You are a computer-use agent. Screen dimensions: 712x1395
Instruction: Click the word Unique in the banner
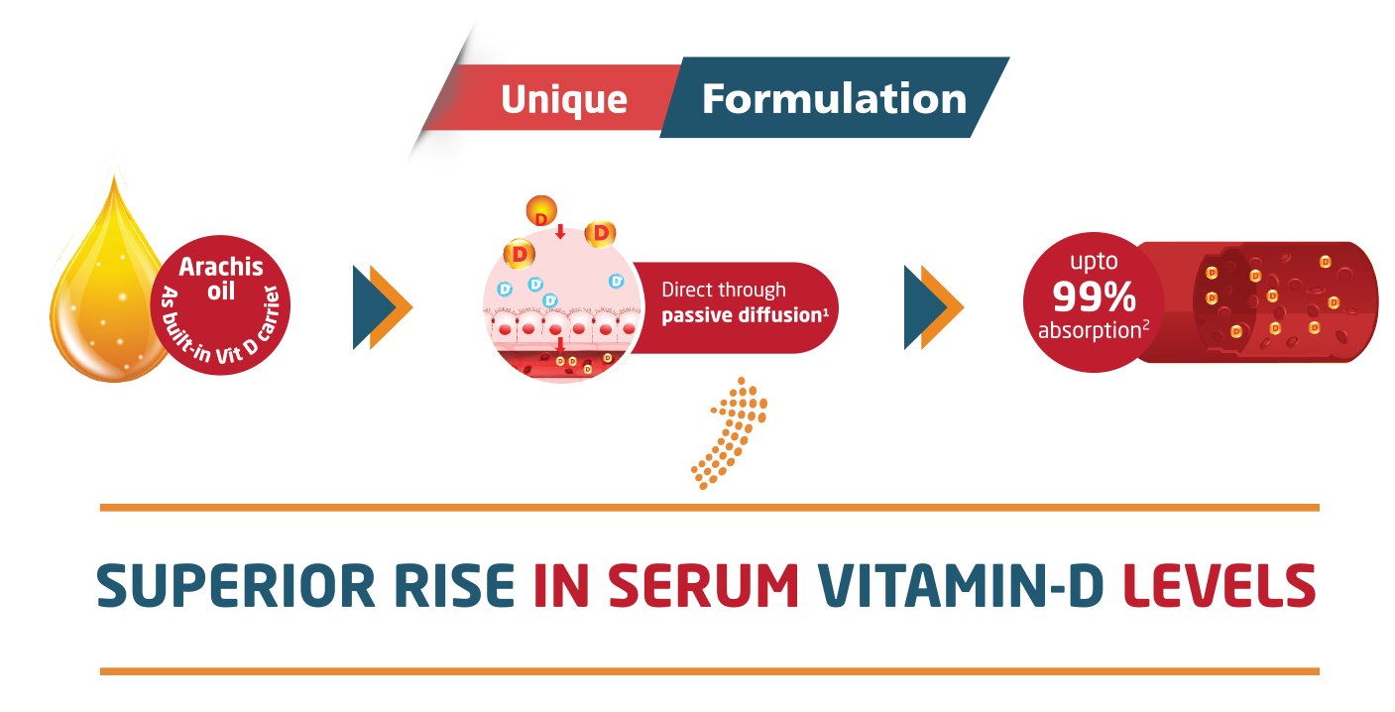click(x=563, y=99)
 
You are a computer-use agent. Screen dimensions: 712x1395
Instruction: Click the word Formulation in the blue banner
click(x=834, y=99)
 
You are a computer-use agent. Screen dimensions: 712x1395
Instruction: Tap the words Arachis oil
click(x=220, y=278)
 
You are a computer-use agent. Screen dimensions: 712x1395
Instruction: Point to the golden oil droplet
click(x=99, y=297)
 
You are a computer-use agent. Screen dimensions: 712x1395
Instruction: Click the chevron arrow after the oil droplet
click(x=384, y=307)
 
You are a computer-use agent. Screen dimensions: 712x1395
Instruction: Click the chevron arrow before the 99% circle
click(x=934, y=307)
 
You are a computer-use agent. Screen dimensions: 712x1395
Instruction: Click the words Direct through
click(x=724, y=290)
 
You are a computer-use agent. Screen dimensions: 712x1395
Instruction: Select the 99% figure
click(x=1094, y=297)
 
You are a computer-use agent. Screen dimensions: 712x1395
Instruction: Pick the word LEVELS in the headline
click(x=1219, y=587)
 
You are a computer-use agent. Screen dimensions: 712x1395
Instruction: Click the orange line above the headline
click(x=708, y=508)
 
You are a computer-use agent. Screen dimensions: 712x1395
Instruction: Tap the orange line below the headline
click(x=708, y=671)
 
